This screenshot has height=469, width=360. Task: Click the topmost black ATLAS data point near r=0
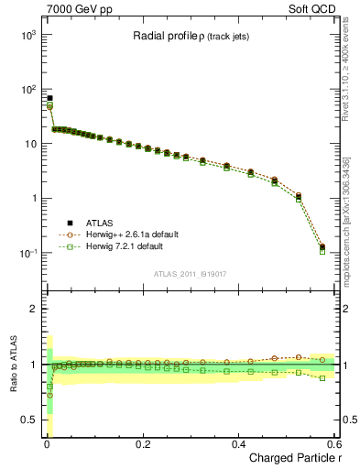click(x=49, y=98)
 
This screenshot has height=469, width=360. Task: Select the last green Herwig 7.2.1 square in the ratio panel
click(x=322, y=377)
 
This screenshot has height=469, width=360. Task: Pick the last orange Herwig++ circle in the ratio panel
click(x=322, y=359)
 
